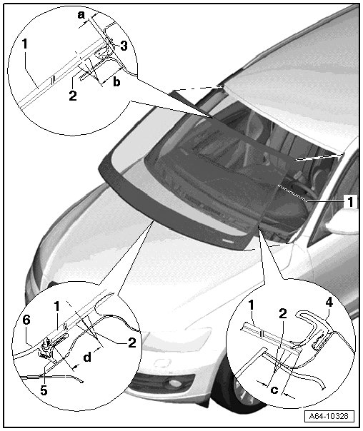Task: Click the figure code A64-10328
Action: tap(328, 415)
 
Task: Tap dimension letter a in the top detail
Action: tap(81, 15)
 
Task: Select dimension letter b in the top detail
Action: tap(116, 81)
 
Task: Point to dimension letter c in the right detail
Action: tap(274, 389)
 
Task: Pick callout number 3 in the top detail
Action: tap(124, 46)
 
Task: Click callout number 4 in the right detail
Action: tap(329, 302)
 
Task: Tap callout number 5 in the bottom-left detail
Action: tap(44, 390)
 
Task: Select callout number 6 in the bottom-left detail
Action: tap(26, 320)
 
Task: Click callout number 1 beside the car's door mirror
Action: tap(350, 202)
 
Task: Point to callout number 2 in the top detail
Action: tap(73, 96)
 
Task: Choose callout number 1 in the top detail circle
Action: tap(25, 44)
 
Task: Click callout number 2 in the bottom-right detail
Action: tap(283, 313)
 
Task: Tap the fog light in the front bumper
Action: tap(174, 382)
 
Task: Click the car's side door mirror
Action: tap(342, 221)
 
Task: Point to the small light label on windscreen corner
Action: tap(227, 240)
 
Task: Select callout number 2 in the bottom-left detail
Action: tap(132, 343)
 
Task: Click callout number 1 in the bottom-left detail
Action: tap(57, 307)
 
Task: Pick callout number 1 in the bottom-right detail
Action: tap(251, 305)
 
